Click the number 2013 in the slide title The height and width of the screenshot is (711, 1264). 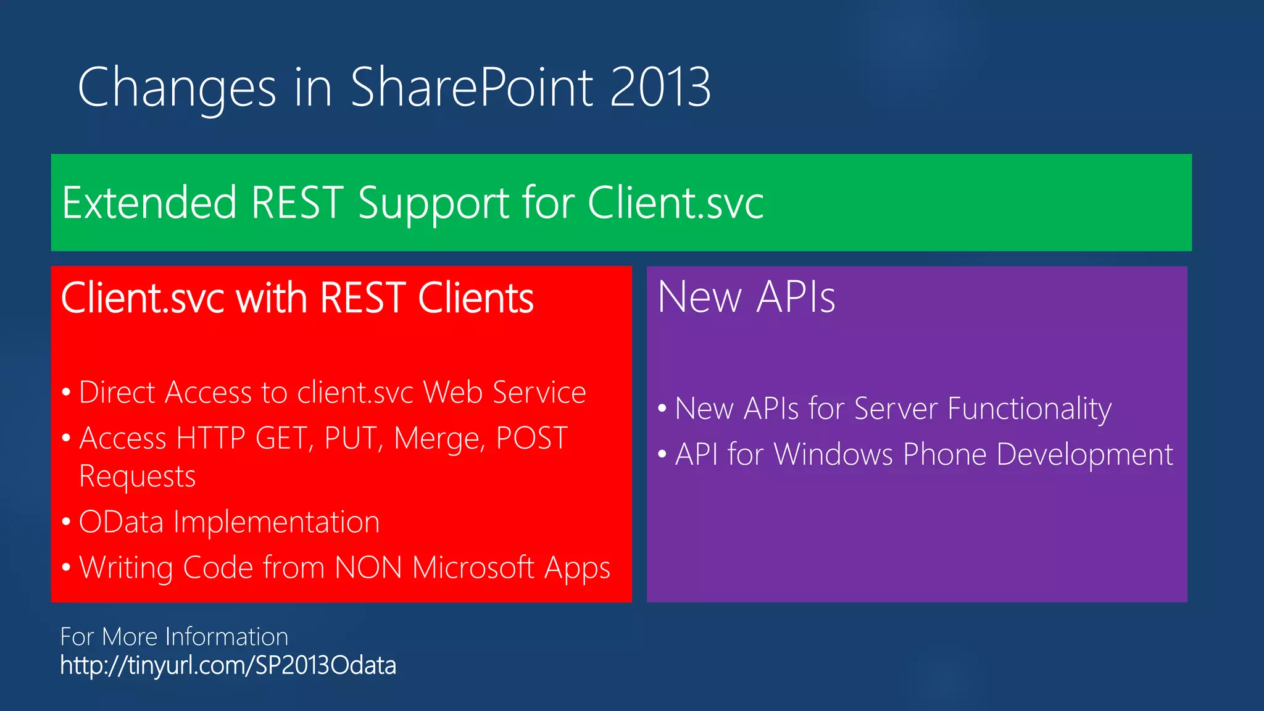click(660, 88)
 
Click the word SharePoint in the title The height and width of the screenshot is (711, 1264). click(472, 88)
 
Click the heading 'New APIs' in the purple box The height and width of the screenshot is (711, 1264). click(746, 297)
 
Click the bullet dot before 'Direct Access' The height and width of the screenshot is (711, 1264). click(67, 393)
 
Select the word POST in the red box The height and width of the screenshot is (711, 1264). click(531, 438)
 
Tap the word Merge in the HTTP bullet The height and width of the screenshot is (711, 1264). click(440, 439)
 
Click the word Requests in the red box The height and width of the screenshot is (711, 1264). click(137, 476)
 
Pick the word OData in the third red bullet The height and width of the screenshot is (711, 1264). click(121, 522)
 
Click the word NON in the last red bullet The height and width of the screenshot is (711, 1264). click(368, 567)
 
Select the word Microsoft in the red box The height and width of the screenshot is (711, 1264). click(473, 567)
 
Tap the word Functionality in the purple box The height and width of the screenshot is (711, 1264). click(1029, 409)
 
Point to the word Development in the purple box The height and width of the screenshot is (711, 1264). click(1084, 455)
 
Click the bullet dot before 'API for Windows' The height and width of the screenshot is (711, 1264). click(662, 455)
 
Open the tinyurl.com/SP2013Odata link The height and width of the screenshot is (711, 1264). click(228, 666)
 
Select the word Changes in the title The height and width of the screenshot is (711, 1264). click(177, 88)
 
